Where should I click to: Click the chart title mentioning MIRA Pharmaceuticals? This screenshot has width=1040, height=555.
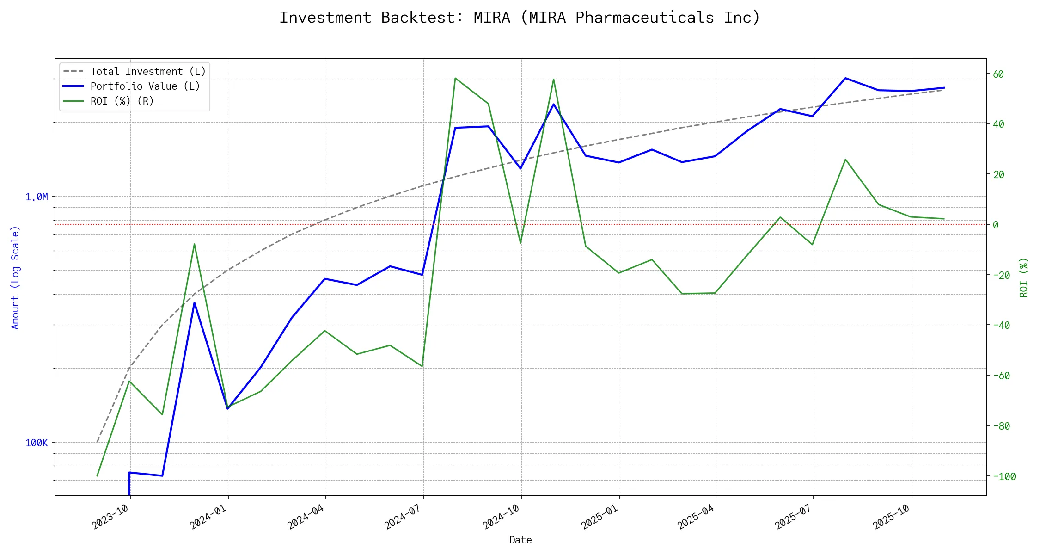pyautogui.click(x=520, y=18)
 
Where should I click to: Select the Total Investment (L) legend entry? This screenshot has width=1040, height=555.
pyautogui.click(x=148, y=72)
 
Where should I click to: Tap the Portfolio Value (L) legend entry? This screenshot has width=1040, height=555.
pyautogui.click(x=145, y=86)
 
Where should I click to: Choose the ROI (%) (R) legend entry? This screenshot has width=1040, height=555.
pyautogui.click(x=122, y=101)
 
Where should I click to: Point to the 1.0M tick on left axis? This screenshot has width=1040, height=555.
pyautogui.click(x=37, y=197)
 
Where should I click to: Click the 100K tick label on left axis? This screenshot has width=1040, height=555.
pyautogui.click(x=37, y=443)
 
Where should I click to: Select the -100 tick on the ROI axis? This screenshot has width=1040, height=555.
pyautogui.click(x=1001, y=476)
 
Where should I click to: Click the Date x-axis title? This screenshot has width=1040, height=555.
pyautogui.click(x=520, y=540)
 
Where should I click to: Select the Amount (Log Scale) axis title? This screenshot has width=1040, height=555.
pyautogui.click(x=15, y=277)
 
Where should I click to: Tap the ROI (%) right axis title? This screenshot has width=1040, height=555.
pyautogui.click(x=1023, y=277)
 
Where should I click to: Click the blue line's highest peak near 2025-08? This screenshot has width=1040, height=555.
pyautogui.click(x=845, y=78)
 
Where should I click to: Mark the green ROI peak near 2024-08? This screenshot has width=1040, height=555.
pyautogui.click(x=455, y=78)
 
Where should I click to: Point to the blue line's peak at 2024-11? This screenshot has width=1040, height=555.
pyautogui.click(x=553, y=104)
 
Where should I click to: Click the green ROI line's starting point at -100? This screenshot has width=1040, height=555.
pyautogui.click(x=97, y=476)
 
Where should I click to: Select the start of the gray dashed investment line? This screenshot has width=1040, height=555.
pyautogui.click(x=97, y=442)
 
